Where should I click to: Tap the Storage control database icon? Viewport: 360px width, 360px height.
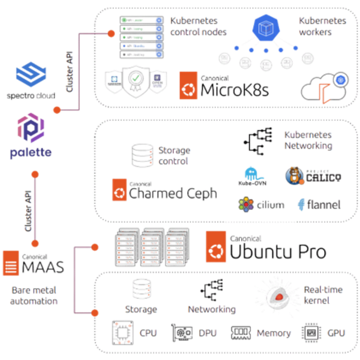[x=140, y=154]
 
